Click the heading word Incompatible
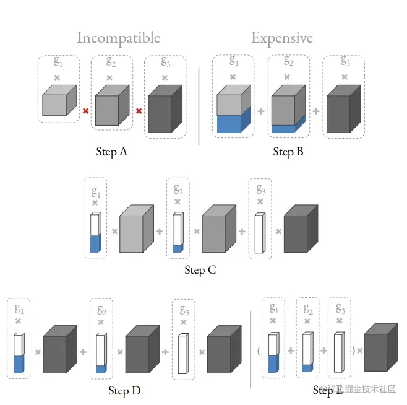118,38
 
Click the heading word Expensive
281,38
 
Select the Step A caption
111,152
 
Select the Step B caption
288,152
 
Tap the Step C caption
200,271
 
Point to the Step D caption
127,391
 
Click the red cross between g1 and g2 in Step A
85,111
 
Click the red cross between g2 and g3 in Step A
139,111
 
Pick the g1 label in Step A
58,62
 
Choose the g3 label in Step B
344,62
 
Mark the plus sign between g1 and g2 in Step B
260,111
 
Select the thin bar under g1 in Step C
95,232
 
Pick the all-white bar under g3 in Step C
259,233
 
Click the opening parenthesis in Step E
259,351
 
